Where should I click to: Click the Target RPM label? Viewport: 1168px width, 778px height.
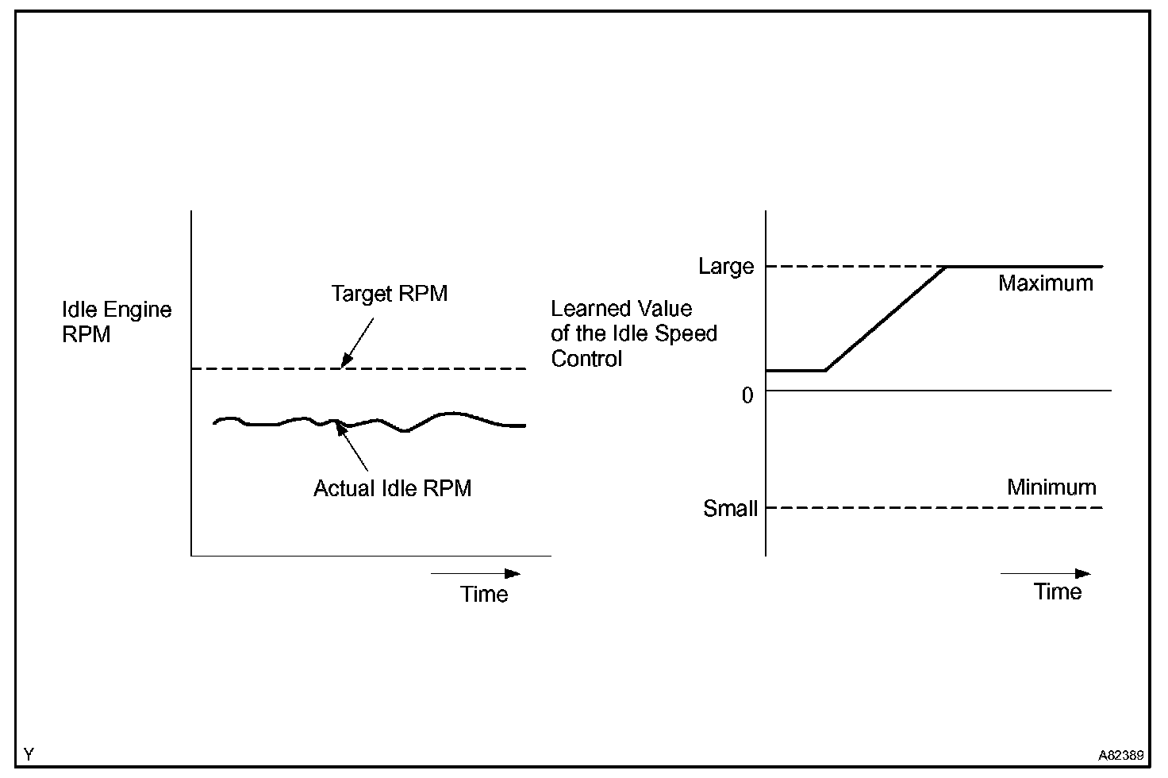click(x=389, y=294)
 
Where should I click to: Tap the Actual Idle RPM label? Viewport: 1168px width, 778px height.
click(x=392, y=487)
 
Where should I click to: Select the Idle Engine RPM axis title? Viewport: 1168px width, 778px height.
click(x=117, y=322)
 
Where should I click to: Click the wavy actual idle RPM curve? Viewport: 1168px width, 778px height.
click(x=448, y=414)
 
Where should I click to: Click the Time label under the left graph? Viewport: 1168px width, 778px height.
click(x=484, y=594)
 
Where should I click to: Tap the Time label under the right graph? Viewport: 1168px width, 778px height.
click(x=1058, y=591)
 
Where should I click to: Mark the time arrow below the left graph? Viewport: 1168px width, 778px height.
click(x=475, y=573)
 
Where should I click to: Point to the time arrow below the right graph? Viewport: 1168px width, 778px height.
click(x=1045, y=573)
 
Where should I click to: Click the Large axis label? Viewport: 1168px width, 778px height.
click(x=725, y=267)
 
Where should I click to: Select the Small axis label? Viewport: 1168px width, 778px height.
click(x=730, y=508)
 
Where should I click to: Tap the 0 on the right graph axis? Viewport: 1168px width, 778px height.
click(x=747, y=395)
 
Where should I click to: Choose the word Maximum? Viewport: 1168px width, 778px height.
click(x=1045, y=283)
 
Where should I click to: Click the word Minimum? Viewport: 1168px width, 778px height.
click(x=1051, y=487)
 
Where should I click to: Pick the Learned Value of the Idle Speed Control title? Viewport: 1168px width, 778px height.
click(x=633, y=333)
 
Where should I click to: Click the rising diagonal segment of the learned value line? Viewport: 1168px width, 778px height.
click(x=886, y=318)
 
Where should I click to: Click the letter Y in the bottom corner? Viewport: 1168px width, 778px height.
click(x=29, y=753)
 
